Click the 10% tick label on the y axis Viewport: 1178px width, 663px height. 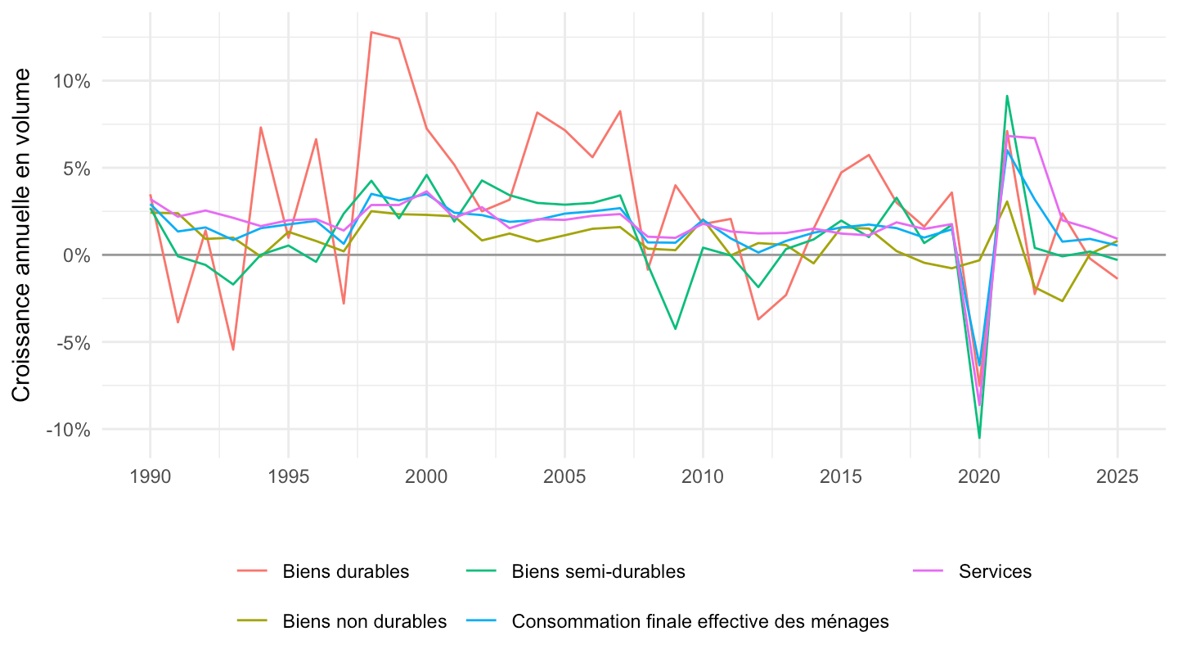click(71, 82)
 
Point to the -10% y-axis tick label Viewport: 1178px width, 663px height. click(68, 430)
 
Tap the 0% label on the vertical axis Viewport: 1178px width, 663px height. click(77, 255)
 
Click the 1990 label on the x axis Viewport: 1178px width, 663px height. click(150, 476)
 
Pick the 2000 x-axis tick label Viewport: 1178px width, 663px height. click(426, 476)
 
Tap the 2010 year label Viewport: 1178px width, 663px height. click(703, 476)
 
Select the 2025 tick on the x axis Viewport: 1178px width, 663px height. click(1117, 476)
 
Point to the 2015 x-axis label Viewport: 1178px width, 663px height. click(841, 476)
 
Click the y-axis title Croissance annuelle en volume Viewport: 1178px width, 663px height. click(21, 235)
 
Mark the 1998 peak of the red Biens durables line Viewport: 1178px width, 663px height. click(371, 32)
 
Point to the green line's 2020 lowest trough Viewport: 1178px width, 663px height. click(979, 438)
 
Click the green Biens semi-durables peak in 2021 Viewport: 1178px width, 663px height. click(1006, 96)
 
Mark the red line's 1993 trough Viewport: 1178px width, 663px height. click(233, 350)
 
